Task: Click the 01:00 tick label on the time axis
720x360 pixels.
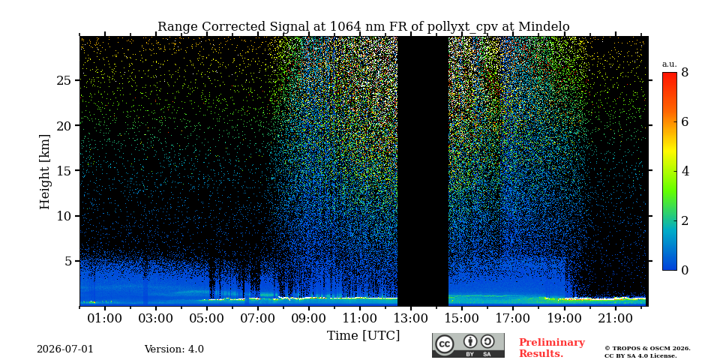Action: click(105, 318)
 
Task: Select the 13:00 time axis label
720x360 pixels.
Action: click(410, 318)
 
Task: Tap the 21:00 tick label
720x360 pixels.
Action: click(614, 318)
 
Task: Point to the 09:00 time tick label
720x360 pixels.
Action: click(308, 318)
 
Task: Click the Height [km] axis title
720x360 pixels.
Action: click(44, 171)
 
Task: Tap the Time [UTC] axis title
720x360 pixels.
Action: click(363, 336)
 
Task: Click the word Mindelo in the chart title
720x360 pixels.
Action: click(544, 27)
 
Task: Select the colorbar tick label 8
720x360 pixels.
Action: click(685, 72)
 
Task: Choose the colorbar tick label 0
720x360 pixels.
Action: click(685, 270)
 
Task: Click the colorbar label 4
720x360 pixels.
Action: click(685, 171)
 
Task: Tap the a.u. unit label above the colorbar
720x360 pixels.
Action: click(669, 64)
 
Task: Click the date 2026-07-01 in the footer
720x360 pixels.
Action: click(65, 349)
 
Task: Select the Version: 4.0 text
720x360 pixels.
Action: click(174, 349)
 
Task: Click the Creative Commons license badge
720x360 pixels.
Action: click(468, 345)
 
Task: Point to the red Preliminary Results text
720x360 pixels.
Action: click(552, 348)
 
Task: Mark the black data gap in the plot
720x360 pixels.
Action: click(422, 171)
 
